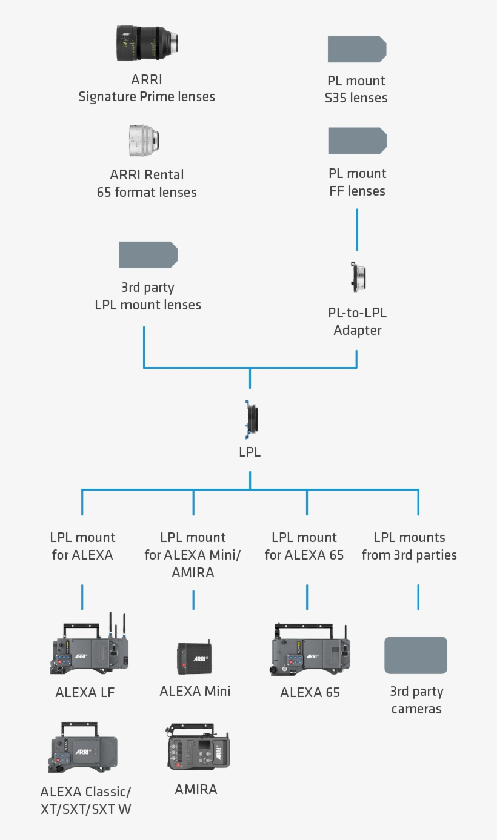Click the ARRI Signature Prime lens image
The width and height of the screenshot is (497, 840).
pos(147,44)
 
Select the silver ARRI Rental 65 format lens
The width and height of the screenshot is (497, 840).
pos(144,139)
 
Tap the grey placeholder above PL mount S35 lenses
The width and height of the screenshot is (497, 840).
pos(356,49)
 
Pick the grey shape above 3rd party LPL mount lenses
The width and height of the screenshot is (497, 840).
pos(148,254)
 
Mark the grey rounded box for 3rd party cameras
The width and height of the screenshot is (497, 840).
pos(416,655)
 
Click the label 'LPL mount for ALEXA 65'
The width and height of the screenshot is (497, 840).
pos(304,546)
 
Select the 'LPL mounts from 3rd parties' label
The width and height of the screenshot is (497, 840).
pos(410,546)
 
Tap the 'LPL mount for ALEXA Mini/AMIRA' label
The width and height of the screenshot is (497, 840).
pos(193,555)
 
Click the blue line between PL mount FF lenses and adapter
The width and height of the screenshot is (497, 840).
pos(357,230)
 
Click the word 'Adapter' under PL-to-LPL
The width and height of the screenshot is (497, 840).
pos(358,331)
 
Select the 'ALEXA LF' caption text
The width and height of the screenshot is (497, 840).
pos(85,692)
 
